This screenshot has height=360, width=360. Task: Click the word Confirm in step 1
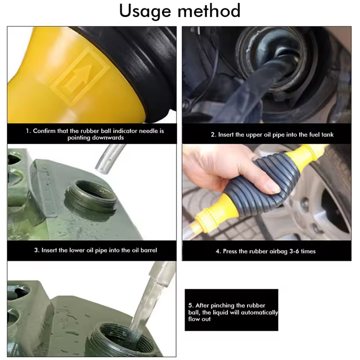coord(44,131)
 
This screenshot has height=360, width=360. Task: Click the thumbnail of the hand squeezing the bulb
coord(267,192)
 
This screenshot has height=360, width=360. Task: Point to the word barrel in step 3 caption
coord(149,250)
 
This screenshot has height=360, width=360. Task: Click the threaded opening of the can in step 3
coord(91,196)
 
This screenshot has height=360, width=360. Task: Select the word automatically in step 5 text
coord(260,312)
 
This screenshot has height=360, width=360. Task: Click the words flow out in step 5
coord(199,319)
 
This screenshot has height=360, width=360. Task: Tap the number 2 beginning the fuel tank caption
coord(212,135)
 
